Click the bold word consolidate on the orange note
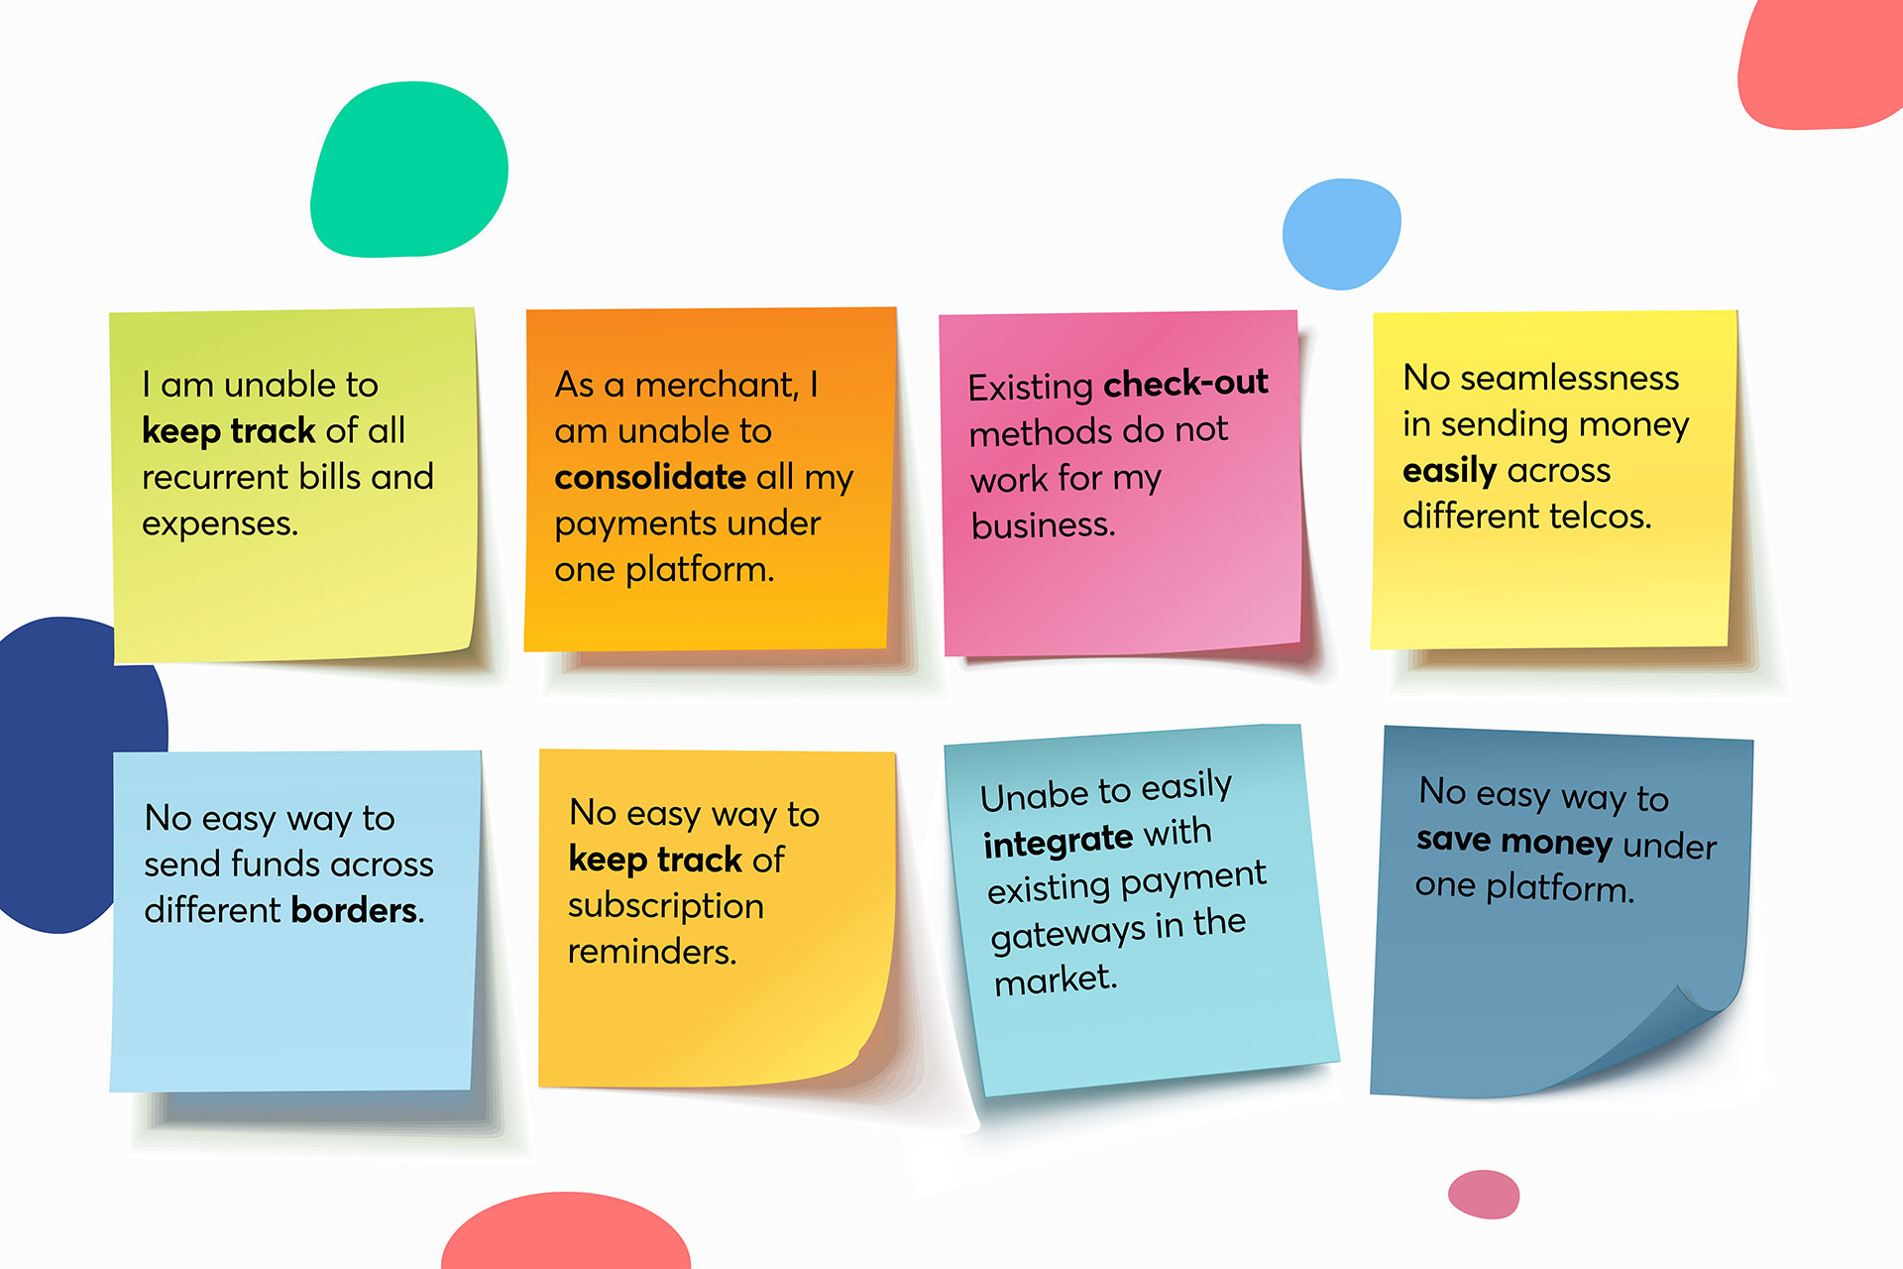point(650,477)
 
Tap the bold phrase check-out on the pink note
point(1185,383)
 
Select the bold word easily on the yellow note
point(1449,471)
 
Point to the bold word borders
point(354,909)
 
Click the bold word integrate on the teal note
point(1058,842)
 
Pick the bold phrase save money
point(1514,841)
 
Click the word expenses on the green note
point(220,524)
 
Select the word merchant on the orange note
point(717,385)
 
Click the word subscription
point(666,907)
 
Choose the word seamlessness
point(1570,378)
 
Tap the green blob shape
point(408,170)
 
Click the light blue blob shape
point(1341,234)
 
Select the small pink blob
point(1484,1194)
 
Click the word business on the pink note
point(1043,525)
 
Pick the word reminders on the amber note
point(652,952)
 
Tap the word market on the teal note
point(1056,981)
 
